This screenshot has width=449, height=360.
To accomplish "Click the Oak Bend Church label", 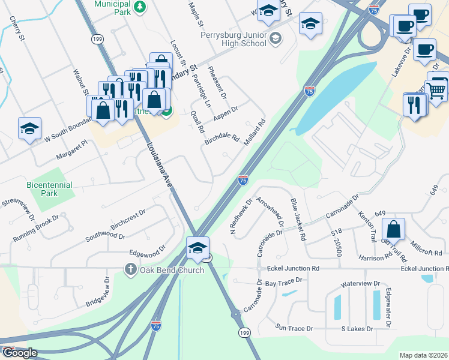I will point(172,270).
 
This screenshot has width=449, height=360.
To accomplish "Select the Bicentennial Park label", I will point(50,190).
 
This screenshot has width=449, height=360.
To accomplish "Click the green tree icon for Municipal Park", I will point(139,7).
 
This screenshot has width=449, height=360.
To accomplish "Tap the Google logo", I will point(19,353).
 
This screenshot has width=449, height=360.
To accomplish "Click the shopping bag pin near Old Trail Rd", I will point(393,229).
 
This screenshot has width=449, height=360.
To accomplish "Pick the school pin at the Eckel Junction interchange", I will point(197,247).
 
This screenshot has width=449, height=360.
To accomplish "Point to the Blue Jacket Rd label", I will point(298,220).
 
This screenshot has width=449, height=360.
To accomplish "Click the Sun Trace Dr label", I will point(294,328).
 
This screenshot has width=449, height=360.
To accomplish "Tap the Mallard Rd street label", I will point(255,133).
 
